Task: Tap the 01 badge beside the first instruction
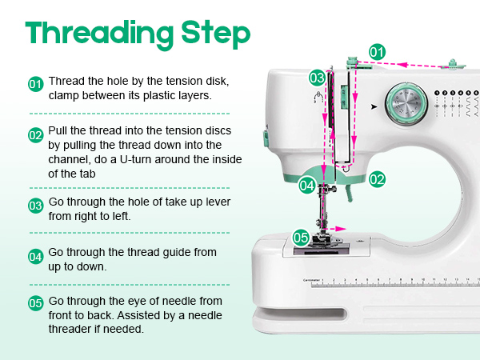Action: [x=35, y=83]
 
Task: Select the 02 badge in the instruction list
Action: [x=35, y=135]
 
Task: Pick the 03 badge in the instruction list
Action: [x=35, y=206]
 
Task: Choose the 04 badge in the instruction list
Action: [x=35, y=258]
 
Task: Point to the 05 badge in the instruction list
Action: [x=35, y=303]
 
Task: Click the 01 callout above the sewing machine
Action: [x=377, y=51]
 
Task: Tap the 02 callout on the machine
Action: [x=378, y=179]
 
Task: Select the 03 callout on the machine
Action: [x=318, y=78]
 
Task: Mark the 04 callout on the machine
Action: [x=307, y=185]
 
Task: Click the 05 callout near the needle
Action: [x=300, y=237]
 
